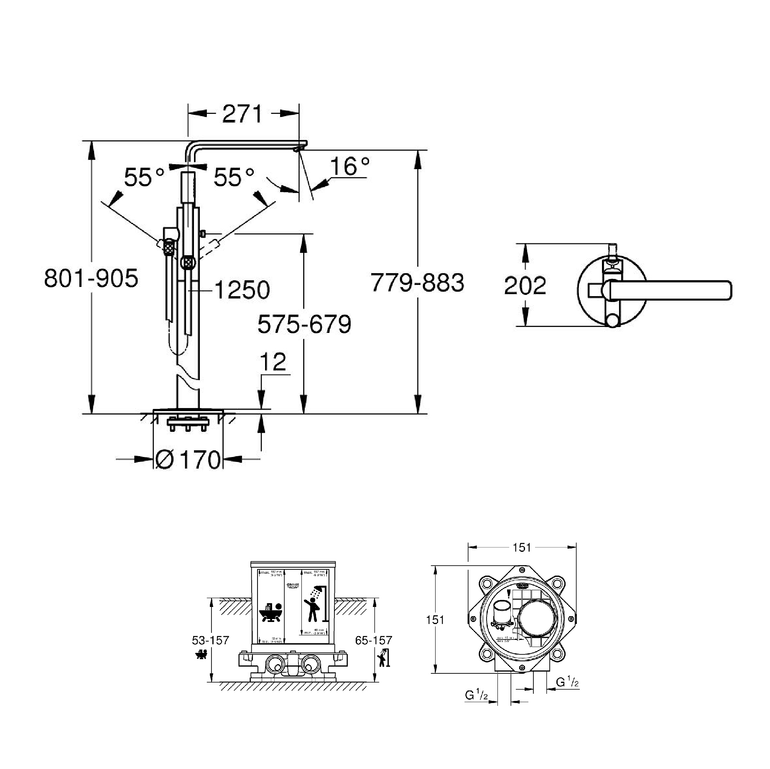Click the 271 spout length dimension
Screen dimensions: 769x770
click(242, 114)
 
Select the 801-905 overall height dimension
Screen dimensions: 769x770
click(91, 279)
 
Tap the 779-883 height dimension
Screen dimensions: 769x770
click(417, 283)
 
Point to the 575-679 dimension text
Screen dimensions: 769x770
click(304, 324)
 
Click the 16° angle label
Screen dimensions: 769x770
click(349, 166)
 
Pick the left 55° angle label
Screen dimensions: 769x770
click(144, 177)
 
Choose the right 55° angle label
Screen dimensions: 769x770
click(234, 177)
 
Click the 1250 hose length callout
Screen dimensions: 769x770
click(242, 289)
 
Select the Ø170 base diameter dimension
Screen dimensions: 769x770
click(187, 459)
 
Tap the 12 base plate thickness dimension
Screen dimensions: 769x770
click(273, 362)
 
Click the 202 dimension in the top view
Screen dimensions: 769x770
click(525, 286)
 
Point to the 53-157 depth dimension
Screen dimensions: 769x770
click(211, 640)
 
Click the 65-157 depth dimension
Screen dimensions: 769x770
click(373, 640)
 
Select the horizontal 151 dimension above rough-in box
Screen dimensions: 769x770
click(522, 547)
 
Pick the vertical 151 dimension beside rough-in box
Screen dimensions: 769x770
click(435, 619)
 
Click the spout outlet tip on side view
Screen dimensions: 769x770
click(298, 149)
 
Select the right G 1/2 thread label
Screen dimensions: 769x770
click(567, 682)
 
